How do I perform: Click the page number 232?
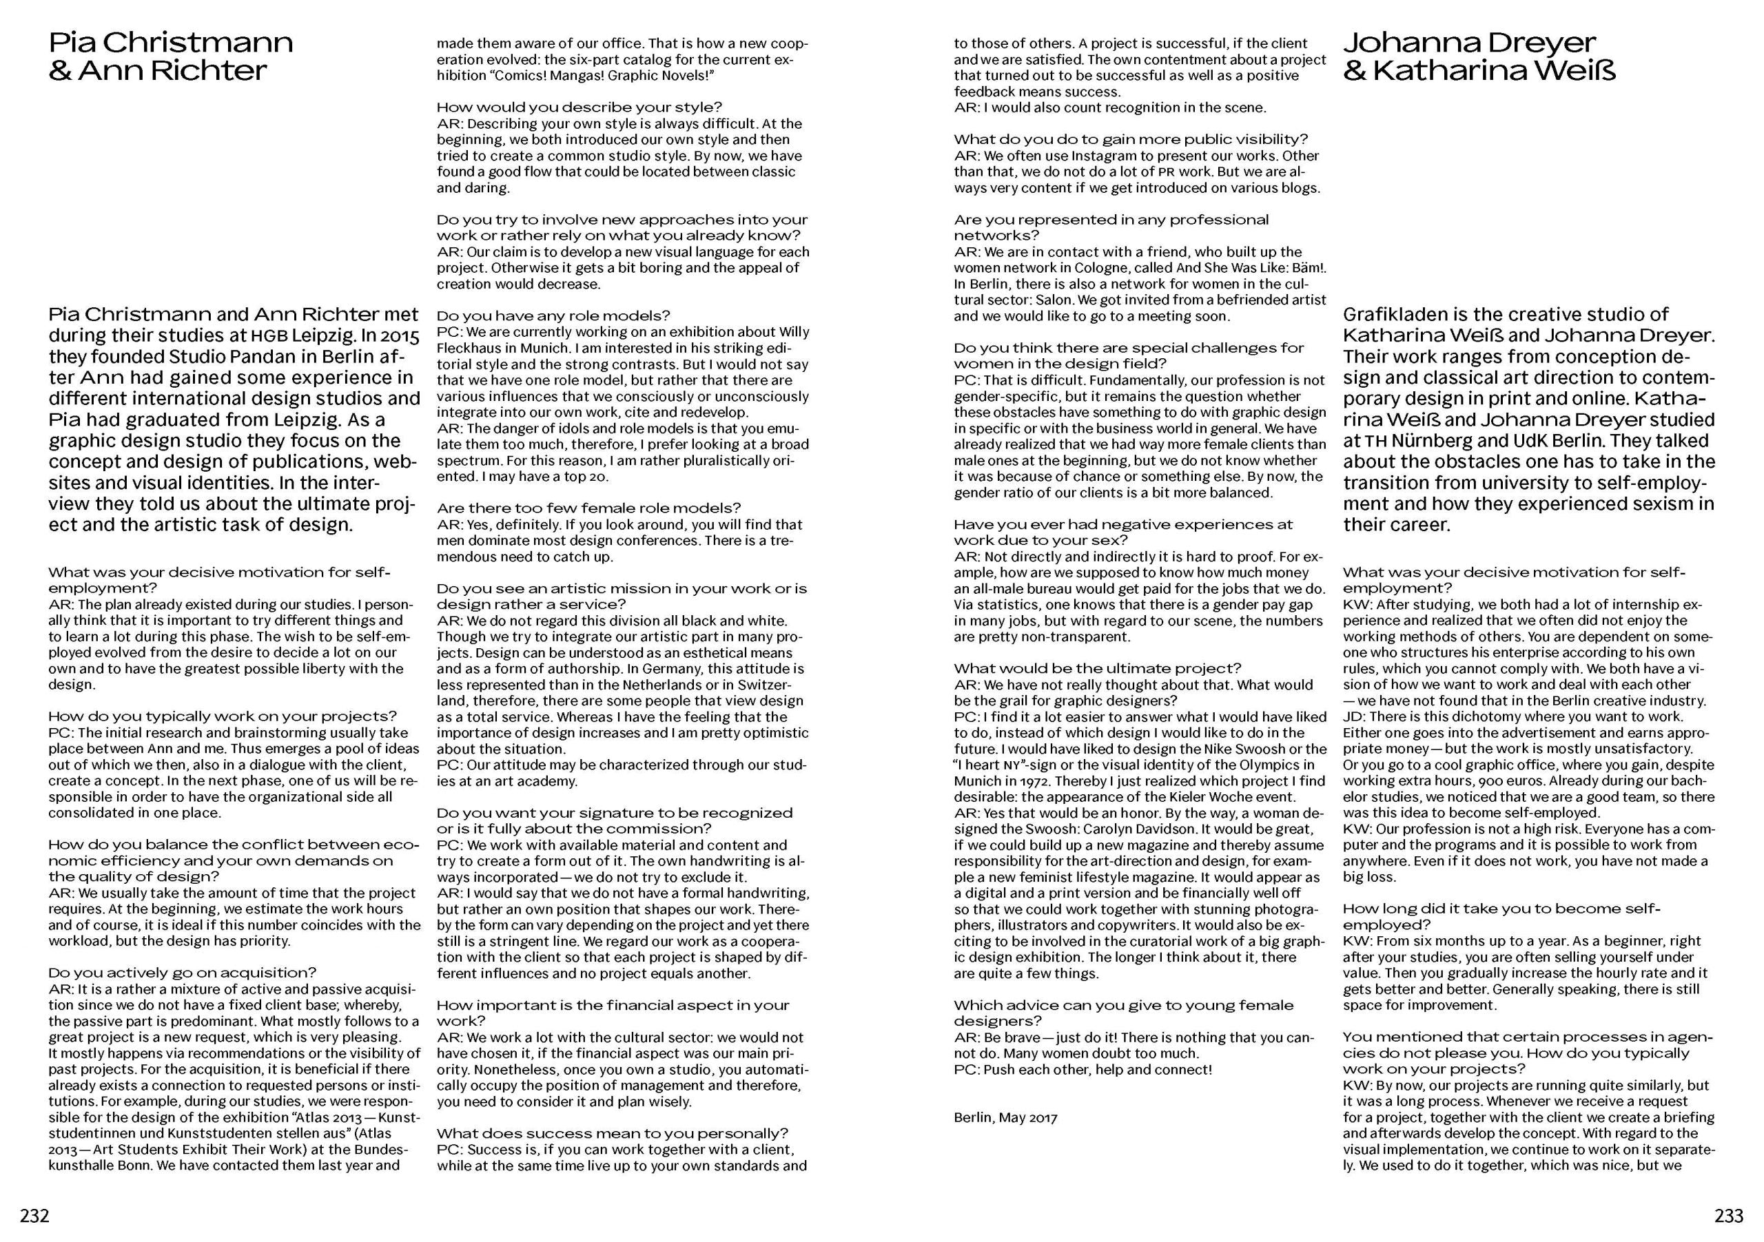pos(34,1216)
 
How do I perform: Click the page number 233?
pos(1729,1216)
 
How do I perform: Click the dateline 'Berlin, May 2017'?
pos(1005,1117)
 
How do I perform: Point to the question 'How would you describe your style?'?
pos(580,107)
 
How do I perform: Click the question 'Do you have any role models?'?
pos(553,315)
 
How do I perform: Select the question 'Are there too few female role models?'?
pos(588,508)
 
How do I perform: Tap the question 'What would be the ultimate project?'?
pos(1097,668)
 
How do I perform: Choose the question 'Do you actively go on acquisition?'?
pos(182,973)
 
